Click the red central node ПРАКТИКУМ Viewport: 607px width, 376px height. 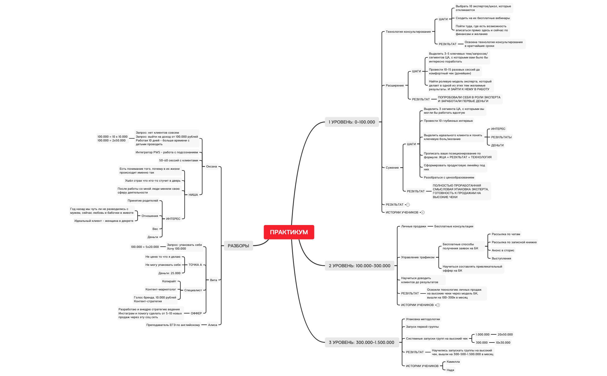(x=289, y=232)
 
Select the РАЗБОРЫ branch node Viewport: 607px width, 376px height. (x=238, y=246)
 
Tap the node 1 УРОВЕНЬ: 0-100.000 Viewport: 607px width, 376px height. (x=351, y=122)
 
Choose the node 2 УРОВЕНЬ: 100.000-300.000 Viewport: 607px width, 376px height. (x=359, y=266)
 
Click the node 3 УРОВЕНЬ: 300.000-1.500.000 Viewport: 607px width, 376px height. (x=361, y=342)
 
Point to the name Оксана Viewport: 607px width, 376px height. (x=211, y=167)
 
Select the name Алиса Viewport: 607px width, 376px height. (x=212, y=325)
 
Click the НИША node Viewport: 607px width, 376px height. (x=193, y=195)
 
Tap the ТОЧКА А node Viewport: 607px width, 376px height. (x=195, y=265)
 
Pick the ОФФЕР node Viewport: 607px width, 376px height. (x=196, y=314)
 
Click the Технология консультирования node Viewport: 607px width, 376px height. (x=408, y=32)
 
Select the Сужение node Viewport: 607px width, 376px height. (x=392, y=168)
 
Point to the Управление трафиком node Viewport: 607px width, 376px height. (x=418, y=257)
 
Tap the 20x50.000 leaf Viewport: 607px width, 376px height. (x=505, y=335)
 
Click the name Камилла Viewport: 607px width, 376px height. (x=453, y=362)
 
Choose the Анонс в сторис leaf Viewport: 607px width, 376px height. (x=503, y=250)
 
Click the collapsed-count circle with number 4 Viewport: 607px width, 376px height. (x=438, y=305)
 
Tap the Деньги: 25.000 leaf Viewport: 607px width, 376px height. (x=169, y=273)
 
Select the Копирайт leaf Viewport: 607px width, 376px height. (x=169, y=281)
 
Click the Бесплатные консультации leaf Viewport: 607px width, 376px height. (x=454, y=226)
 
